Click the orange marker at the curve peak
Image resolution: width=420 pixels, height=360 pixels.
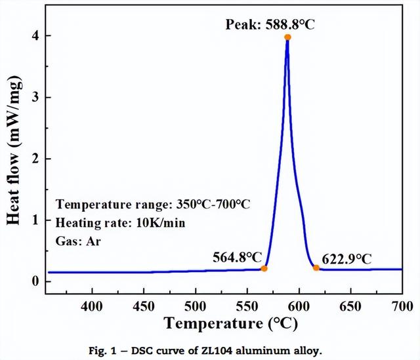click(287, 37)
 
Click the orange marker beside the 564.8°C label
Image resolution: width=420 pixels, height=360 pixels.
click(264, 268)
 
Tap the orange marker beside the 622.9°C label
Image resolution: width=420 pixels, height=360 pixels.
click(316, 268)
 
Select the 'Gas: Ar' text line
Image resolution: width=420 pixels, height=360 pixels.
click(77, 241)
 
